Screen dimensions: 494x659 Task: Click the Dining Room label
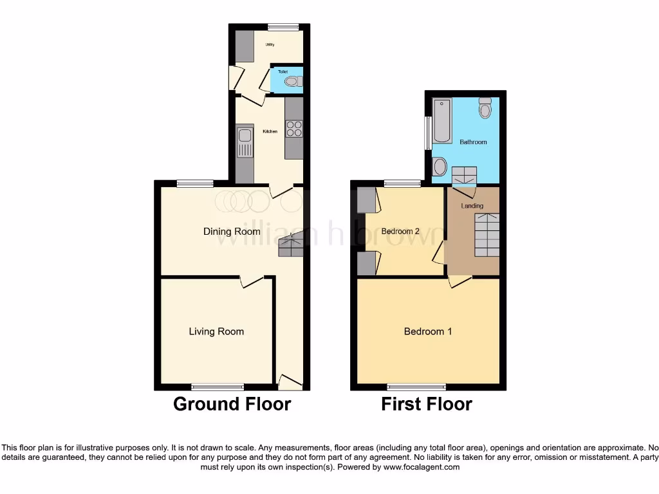pos(232,232)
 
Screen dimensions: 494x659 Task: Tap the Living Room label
pos(216,331)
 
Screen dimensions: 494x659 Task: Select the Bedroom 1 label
pos(428,331)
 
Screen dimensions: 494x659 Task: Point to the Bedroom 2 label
pos(400,231)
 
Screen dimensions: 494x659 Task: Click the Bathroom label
pos(473,142)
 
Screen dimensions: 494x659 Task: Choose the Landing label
pos(472,206)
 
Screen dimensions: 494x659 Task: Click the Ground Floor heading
pos(232,404)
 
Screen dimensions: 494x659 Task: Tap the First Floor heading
pos(427,404)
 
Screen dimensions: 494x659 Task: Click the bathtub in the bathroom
pos(442,120)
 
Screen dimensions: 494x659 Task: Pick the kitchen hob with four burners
pos(294,129)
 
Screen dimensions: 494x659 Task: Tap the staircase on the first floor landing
pos(487,235)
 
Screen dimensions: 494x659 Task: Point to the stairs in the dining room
pos(290,246)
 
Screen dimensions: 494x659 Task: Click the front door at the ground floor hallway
pos(290,383)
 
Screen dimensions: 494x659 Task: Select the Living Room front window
pos(218,387)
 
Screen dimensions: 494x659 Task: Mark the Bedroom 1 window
pos(416,387)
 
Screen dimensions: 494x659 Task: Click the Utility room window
pos(283,27)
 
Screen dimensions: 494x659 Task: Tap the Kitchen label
pos(270,132)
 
